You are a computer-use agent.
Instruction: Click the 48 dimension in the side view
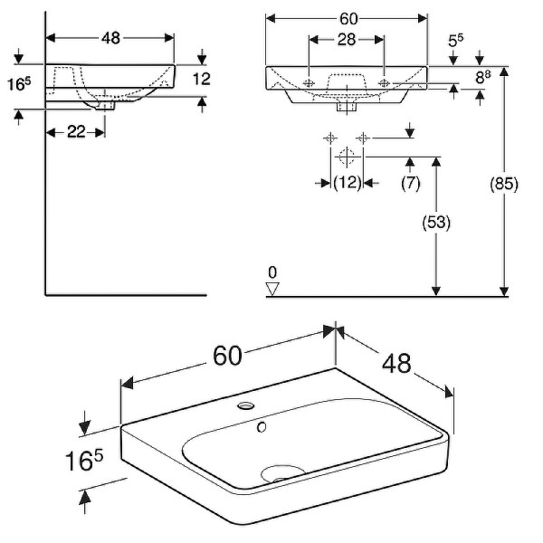(110, 37)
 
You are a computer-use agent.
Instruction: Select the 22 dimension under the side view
(76, 132)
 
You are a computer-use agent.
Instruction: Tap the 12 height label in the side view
(202, 79)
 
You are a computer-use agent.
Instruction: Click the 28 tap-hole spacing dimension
(347, 39)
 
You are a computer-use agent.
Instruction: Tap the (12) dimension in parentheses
(348, 183)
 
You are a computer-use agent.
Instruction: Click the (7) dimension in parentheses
(410, 183)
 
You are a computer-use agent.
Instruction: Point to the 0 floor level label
(272, 271)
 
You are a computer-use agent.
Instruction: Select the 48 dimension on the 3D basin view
(396, 363)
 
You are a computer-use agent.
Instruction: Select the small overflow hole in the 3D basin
(262, 423)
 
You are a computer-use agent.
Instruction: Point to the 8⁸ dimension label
(484, 78)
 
